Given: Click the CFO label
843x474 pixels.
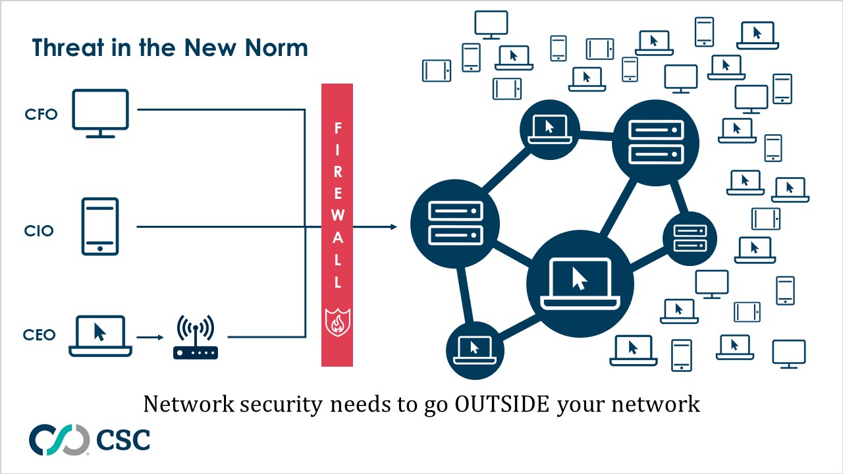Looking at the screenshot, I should pyautogui.click(x=41, y=115).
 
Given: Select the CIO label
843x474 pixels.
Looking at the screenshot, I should pyautogui.click(x=39, y=231).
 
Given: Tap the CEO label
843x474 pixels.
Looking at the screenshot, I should pyautogui.click(x=40, y=335).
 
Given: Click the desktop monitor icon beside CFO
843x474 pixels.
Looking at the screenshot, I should pyautogui.click(x=100, y=113).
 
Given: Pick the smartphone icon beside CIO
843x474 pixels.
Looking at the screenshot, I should pyautogui.click(x=100, y=226).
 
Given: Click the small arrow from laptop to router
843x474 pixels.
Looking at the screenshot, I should pyautogui.click(x=150, y=338).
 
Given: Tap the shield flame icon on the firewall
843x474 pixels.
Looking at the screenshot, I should pyautogui.click(x=337, y=321).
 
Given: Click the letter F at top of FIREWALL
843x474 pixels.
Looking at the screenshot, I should pyautogui.click(x=337, y=127).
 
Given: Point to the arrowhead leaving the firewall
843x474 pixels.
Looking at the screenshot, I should pyautogui.click(x=393, y=227).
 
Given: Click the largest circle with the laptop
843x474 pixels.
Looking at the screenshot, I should pyautogui.click(x=580, y=284).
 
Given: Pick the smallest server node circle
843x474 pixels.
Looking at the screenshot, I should pyautogui.click(x=690, y=238).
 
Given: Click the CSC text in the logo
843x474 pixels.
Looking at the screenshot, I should pyautogui.click(x=123, y=440).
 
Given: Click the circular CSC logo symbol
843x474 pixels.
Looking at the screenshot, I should pyautogui.click(x=59, y=440).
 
